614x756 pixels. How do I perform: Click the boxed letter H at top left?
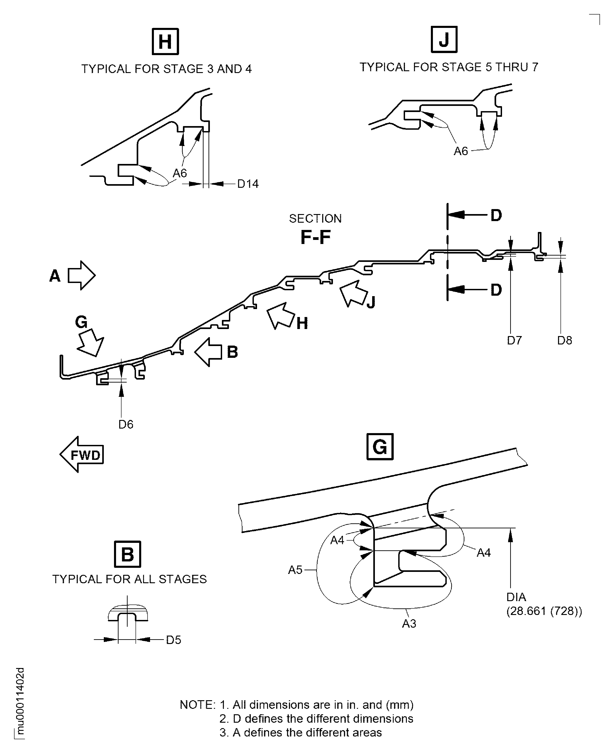click(165, 41)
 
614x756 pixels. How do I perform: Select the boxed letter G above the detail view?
click(380, 447)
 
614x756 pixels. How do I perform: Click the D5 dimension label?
click(173, 640)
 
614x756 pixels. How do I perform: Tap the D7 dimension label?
click(514, 340)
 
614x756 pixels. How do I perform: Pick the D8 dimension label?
click(565, 340)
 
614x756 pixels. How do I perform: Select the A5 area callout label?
click(295, 570)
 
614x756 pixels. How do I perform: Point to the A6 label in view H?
click(180, 173)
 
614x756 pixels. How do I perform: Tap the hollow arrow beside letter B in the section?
click(208, 352)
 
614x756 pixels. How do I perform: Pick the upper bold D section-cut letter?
click(496, 215)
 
